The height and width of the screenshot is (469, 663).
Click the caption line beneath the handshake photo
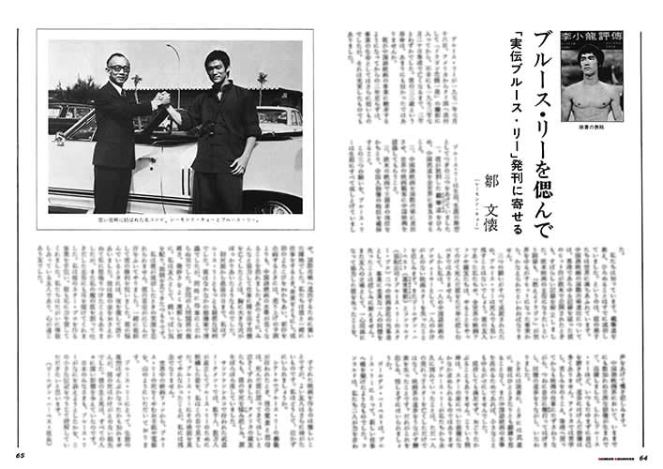tap(175, 221)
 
